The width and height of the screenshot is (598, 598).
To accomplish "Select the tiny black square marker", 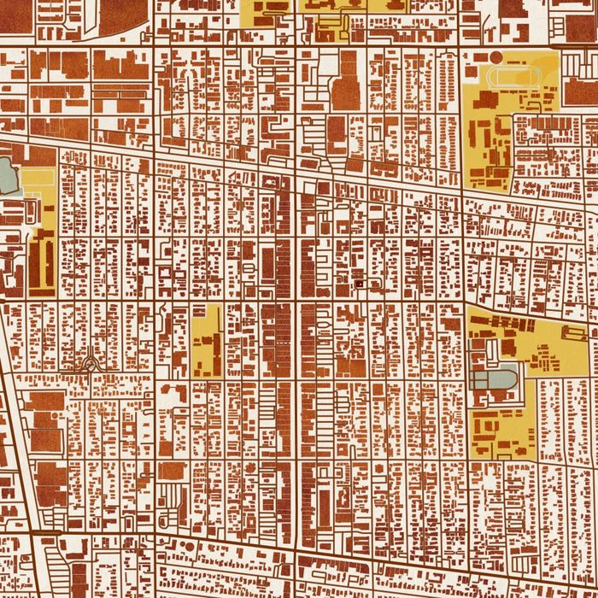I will [x=359, y=283].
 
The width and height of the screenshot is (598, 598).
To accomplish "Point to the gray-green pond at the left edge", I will [x=7, y=175].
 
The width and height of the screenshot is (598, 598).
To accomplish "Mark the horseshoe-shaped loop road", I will [x=89, y=366].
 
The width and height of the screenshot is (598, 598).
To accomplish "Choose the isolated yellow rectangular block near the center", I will [x=206, y=341].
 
